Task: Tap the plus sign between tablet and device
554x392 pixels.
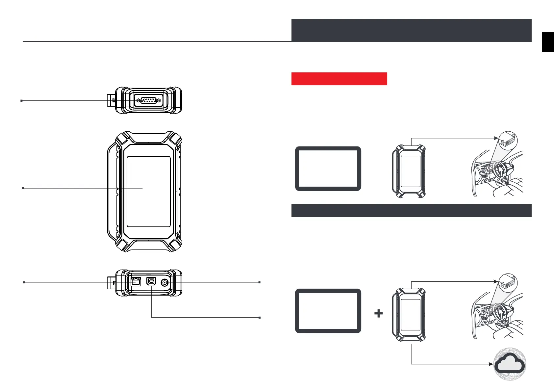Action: point(379,313)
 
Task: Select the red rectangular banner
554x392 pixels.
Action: point(339,79)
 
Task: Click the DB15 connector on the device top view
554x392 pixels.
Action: point(148,100)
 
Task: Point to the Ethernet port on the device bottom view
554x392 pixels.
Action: point(136,282)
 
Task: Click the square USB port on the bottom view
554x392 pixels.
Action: point(151,282)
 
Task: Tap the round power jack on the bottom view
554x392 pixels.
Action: point(164,282)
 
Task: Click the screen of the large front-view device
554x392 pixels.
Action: point(148,192)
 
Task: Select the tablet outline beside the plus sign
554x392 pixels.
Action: point(328,311)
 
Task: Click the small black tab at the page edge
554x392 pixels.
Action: point(548,42)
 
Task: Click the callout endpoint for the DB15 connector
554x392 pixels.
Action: point(22,101)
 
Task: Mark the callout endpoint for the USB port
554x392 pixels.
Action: point(260,318)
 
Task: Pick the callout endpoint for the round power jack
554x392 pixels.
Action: point(260,282)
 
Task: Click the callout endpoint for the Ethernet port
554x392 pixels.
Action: point(24,282)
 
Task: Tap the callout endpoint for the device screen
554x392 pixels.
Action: point(23,188)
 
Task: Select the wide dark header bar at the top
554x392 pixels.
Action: point(411,30)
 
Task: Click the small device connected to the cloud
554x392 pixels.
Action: point(409,315)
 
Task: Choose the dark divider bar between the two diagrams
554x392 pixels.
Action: point(411,211)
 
